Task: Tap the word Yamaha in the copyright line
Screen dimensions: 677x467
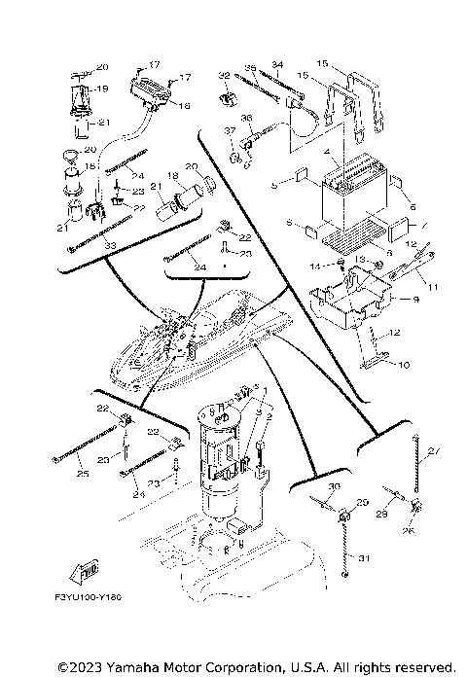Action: point(119,667)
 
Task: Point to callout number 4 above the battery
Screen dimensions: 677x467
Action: point(334,152)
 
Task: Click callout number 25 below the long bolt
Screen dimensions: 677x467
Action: point(82,474)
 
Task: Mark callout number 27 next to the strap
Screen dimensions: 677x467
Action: point(434,450)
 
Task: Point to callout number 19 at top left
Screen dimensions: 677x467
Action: point(101,89)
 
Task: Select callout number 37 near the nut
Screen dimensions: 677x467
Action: point(231,130)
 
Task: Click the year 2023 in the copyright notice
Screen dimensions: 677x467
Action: point(83,667)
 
